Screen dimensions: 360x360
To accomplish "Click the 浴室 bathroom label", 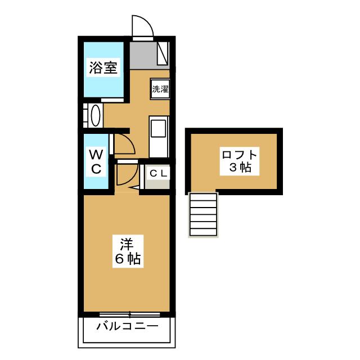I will [x=103, y=69].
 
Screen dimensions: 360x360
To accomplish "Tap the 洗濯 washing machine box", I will [x=160, y=88].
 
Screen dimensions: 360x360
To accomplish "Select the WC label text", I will [x=96, y=161].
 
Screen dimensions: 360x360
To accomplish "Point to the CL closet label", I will [x=157, y=173].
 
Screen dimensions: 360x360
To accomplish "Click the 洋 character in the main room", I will [x=127, y=245].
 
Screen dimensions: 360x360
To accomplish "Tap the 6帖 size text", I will [x=127, y=259].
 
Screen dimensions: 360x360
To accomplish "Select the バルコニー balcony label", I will [x=127, y=326].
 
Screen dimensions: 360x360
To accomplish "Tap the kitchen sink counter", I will [x=158, y=136].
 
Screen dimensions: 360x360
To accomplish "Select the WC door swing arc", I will [x=125, y=145].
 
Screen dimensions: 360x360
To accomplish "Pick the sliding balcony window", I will [x=127, y=314].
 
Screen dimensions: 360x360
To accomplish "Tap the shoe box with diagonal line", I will [x=163, y=54].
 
